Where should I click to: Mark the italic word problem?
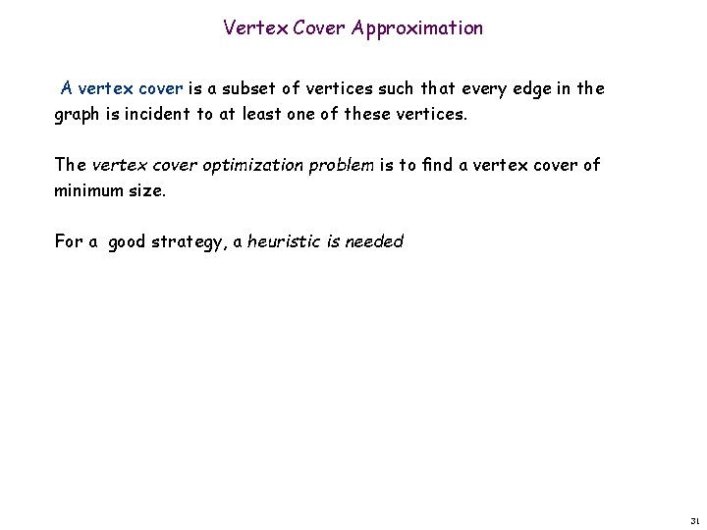[x=341, y=165]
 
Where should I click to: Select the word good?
[x=127, y=241]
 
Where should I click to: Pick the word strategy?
[x=189, y=241]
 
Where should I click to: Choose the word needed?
[x=374, y=241]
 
